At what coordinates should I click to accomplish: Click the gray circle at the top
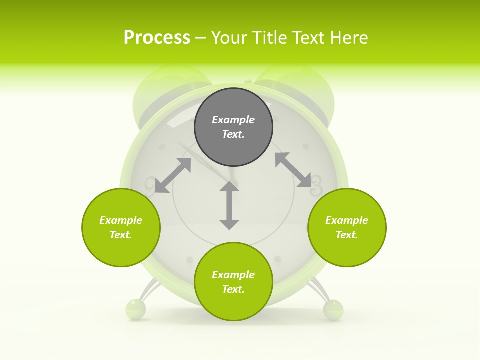pos(233,127)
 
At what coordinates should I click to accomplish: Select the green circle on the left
pos(121,227)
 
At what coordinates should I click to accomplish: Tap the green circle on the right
pos(347,227)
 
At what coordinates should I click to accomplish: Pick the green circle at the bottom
pos(233,282)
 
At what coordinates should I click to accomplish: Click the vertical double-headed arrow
pos(229,205)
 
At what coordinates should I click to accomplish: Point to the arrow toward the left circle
pos(173,175)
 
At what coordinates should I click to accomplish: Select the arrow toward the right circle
pos(293,170)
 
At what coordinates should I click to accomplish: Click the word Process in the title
pos(157,38)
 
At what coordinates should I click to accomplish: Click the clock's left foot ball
pos(135,309)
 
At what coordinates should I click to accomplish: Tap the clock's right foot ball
pos(333,309)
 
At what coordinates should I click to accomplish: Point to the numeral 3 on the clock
pos(317,184)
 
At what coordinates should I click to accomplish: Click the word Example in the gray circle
pos(233,120)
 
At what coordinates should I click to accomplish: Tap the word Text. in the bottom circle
pos(233,289)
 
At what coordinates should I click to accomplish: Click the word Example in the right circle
pos(347,220)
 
